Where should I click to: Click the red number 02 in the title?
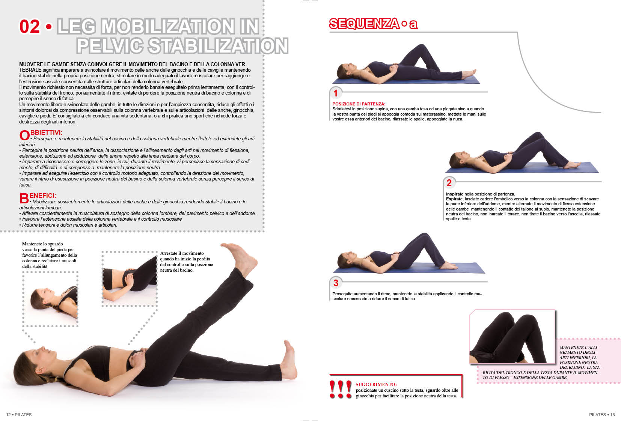pyautogui.click(x=29, y=27)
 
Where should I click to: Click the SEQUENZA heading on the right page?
pyautogui.click(x=364, y=24)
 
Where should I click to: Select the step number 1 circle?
pyautogui.click(x=336, y=93)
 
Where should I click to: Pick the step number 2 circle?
pyautogui.click(x=449, y=182)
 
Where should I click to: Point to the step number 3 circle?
pyautogui.click(x=336, y=283)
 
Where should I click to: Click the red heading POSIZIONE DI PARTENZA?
pyautogui.click(x=359, y=104)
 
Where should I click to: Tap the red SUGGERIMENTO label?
pyautogui.click(x=376, y=385)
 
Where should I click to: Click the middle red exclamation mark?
pyautogui.click(x=341, y=389)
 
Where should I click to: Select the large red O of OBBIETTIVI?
pyautogui.click(x=24, y=135)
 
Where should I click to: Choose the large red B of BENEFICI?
pyautogui.click(x=24, y=198)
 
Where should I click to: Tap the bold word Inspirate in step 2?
pyautogui.click(x=454, y=194)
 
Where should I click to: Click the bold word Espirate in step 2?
pyautogui.click(x=454, y=199)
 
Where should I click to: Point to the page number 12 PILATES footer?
pyautogui.click(x=19, y=415)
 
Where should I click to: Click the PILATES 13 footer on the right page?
pyautogui.click(x=602, y=415)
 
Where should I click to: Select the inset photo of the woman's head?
pyautogui.click(x=50, y=299)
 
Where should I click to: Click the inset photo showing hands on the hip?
pyautogui.click(x=130, y=279)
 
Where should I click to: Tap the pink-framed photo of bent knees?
pyautogui.click(x=512, y=337)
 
